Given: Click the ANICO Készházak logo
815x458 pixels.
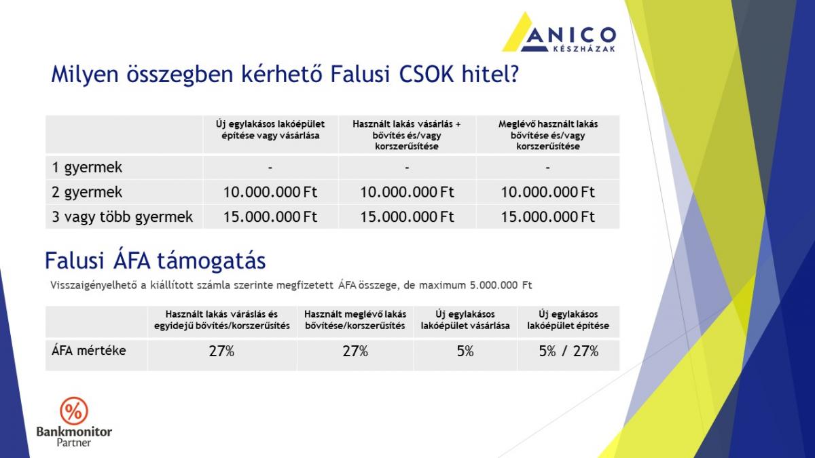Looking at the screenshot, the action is tap(559, 32).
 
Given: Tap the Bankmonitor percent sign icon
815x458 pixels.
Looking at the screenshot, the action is tap(74, 411).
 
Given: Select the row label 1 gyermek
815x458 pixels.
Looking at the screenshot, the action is tap(87, 168).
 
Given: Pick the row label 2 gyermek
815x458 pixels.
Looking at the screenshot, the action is tap(87, 192).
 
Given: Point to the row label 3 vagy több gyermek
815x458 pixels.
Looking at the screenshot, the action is tap(122, 217).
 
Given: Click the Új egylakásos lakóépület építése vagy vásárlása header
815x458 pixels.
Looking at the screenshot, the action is tap(270, 130).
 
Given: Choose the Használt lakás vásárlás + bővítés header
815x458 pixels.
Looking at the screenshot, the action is tap(407, 135).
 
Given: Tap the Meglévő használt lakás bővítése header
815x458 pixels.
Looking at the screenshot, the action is tap(548, 135).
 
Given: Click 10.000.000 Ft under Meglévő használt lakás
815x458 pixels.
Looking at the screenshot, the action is tap(548, 192).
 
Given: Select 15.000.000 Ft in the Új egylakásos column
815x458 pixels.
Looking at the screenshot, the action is tap(270, 217).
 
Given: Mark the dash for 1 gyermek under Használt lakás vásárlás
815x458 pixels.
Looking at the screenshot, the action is tap(407, 168).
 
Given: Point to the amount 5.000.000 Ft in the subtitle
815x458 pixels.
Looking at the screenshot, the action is tap(501, 286).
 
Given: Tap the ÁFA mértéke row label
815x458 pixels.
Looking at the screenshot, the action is tap(89, 351).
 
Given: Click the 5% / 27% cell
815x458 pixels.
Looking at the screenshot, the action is tap(568, 351).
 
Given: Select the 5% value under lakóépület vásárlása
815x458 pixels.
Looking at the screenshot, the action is tap(465, 351).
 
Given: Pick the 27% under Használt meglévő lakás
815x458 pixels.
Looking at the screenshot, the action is tap(355, 351).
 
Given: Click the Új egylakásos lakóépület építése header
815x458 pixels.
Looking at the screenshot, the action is tap(568, 320).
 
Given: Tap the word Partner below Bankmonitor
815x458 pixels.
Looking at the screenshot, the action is tap(74, 442).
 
